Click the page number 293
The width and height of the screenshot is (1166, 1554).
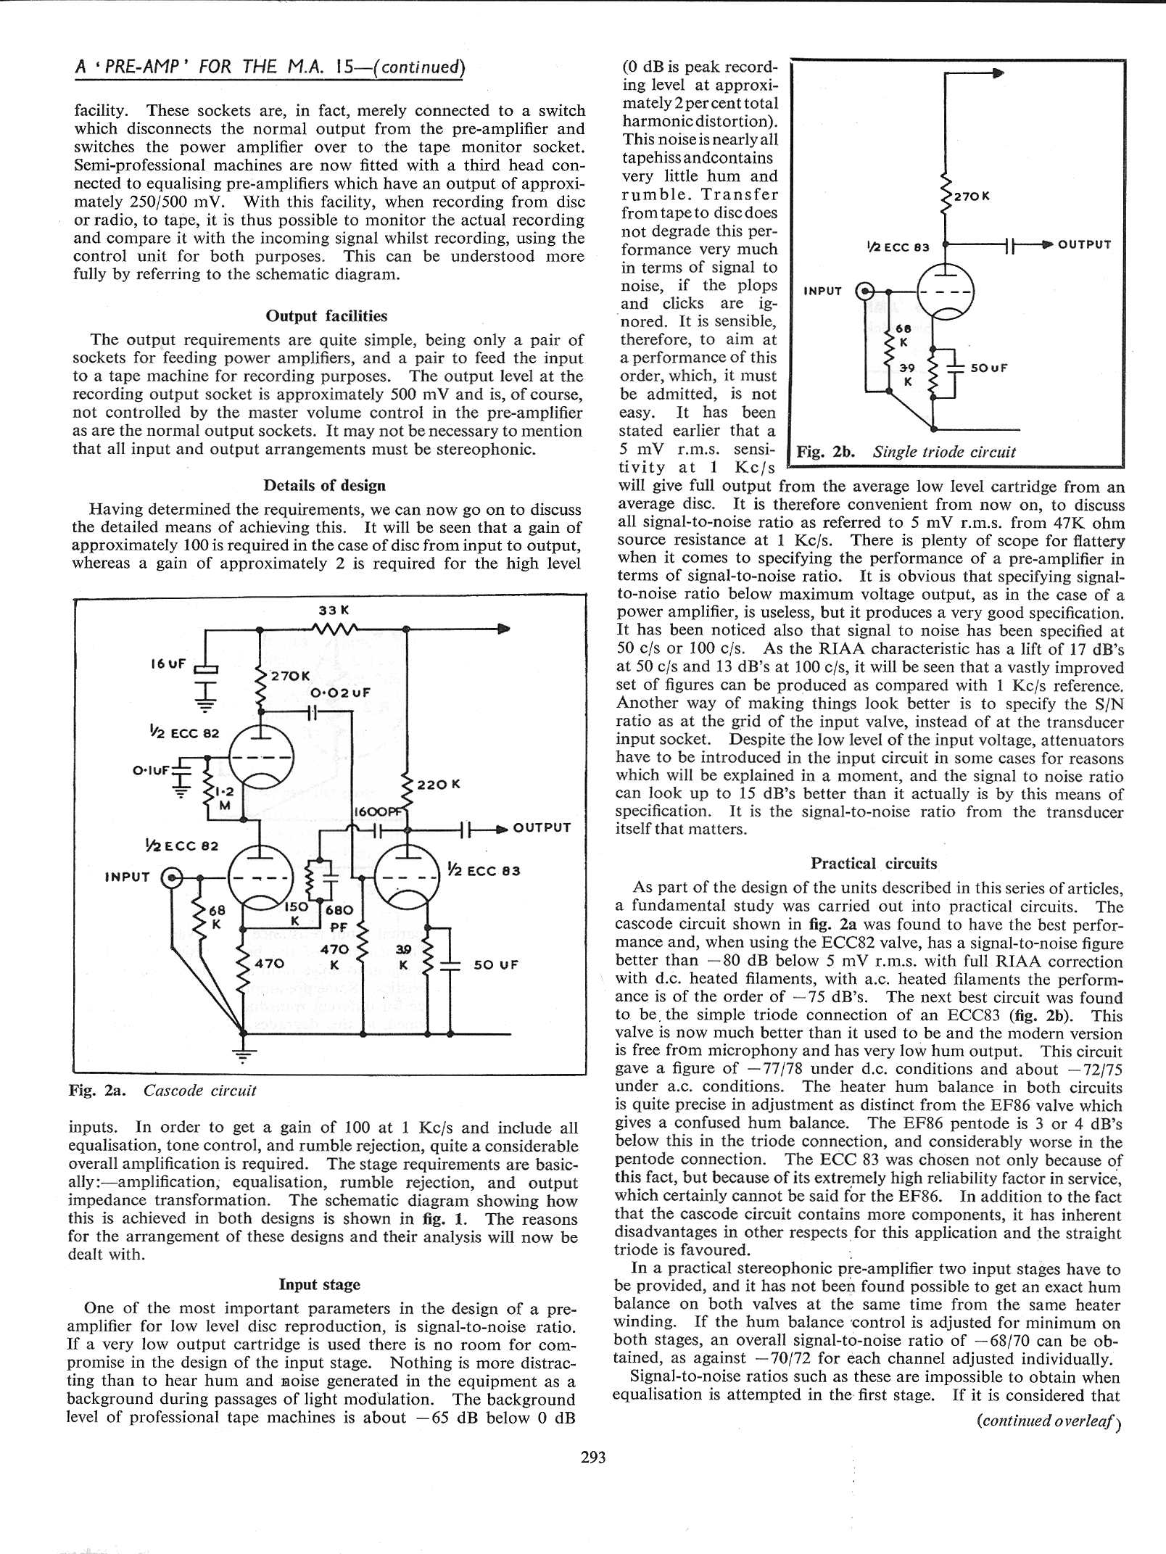592,1457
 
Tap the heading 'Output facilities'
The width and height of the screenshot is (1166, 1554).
326,316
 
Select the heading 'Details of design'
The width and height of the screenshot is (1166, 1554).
324,485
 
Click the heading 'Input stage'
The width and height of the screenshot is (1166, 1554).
319,1284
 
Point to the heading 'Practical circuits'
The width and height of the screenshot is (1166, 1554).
873,863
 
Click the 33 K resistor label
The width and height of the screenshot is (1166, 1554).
334,611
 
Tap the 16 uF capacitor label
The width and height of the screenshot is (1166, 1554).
168,664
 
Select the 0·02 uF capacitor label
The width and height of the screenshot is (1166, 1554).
341,693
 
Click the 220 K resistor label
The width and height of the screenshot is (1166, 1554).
439,785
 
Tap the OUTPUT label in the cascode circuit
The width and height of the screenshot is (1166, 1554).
542,827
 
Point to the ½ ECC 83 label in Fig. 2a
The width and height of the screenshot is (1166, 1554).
484,870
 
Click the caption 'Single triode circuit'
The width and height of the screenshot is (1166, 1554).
943,452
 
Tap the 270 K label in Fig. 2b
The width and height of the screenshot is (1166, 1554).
972,196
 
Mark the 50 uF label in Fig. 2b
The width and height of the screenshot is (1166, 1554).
989,368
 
